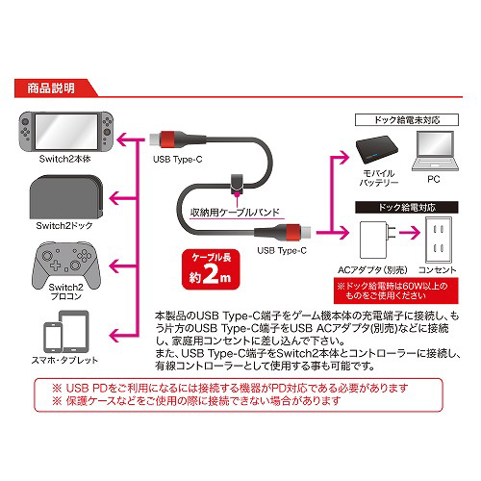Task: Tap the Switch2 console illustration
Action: click(65, 132)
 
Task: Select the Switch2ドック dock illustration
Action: click(66, 197)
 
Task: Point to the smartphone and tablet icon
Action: click(66, 332)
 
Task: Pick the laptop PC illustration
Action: click(435, 151)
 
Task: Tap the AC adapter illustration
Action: click(377, 240)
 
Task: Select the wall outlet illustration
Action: click(439, 240)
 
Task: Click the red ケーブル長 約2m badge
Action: click(211, 269)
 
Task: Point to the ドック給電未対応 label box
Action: click(407, 120)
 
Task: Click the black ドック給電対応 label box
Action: click(407, 208)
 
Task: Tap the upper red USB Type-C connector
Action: click(167, 139)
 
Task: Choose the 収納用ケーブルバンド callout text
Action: click(235, 212)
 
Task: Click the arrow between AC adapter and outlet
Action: click(410, 232)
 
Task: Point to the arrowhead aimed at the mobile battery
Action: click(343, 157)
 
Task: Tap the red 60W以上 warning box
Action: click(396, 291)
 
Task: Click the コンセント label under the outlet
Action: click(438, 270)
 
